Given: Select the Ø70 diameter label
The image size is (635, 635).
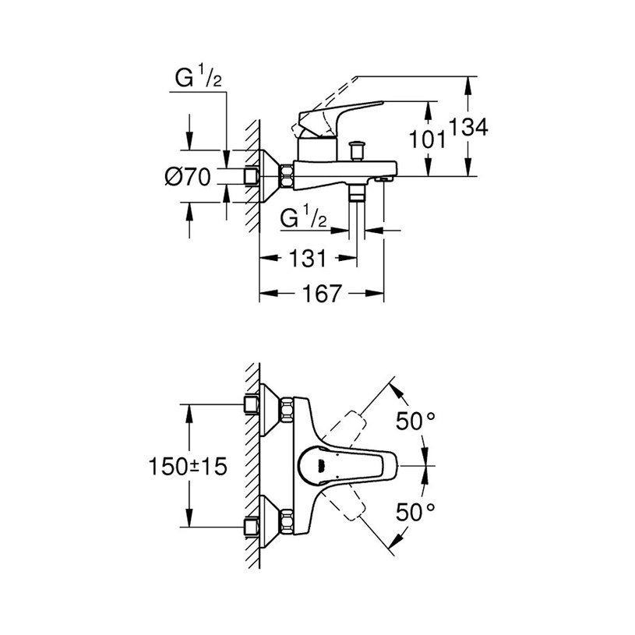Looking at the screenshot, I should click(189, 178).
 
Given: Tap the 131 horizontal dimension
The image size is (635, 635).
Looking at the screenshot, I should click(307, 259).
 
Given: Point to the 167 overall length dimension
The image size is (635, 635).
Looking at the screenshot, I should click(321, 294).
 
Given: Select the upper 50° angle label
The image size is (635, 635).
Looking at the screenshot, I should click(415, 422).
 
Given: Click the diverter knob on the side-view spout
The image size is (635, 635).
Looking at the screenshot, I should click(358, 148).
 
